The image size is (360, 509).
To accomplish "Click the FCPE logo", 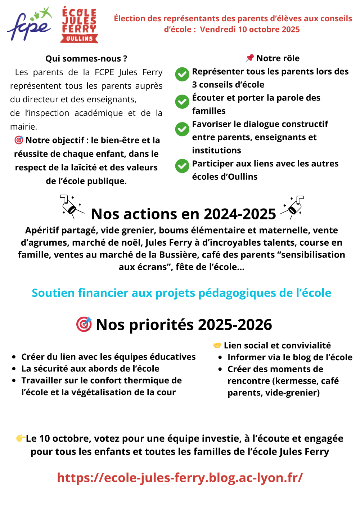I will coord(30,24).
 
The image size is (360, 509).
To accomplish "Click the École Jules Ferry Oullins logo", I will coord(79,24).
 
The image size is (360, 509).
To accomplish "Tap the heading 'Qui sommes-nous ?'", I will coord(86,59).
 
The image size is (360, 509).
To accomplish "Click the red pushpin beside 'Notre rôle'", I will coord(250,58).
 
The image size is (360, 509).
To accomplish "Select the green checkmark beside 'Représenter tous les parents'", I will coord(182,75).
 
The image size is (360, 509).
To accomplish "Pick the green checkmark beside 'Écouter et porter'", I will coord(182,102).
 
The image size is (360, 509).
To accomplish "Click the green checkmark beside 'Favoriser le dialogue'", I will coord(182,129).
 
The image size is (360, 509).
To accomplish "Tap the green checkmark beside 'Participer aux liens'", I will coord(182,166).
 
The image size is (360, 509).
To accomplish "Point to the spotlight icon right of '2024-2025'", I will coord(293,207).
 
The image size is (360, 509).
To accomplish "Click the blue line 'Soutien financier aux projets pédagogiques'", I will coord(181,293).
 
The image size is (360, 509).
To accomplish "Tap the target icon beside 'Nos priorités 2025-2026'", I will coord(84,324).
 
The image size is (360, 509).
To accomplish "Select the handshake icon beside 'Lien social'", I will coord(217,346).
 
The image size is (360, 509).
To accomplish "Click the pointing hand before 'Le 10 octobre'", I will coord(21,438).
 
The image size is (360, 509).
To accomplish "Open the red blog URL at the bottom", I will coord(180,478).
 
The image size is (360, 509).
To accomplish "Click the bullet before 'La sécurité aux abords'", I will coord(14,369).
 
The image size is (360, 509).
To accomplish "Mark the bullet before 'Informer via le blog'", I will coord(220,358).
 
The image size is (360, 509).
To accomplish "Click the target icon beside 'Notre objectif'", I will coord(19,140).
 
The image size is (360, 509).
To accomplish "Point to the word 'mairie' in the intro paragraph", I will coord(23,127).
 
